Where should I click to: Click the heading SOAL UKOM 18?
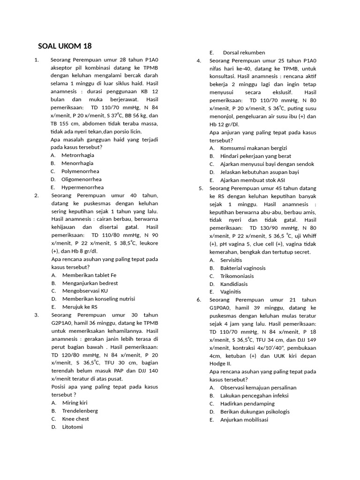point(65,46)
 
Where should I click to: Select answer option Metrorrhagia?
point(77,155)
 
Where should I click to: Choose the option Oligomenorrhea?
point(81,179)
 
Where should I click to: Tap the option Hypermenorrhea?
point(82,187)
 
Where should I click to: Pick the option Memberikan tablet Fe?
point(89,275)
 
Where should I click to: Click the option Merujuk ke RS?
point(80,307)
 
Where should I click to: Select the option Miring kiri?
point(75,403)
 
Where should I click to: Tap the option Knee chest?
point(75,419)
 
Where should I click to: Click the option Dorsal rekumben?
point(244,52)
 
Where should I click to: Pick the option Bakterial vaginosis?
point(243,268)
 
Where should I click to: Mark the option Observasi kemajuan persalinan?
point(258,388)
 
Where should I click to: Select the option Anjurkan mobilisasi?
point(244,420)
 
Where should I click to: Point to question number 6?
point(199,300)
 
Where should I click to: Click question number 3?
point(36,315)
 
